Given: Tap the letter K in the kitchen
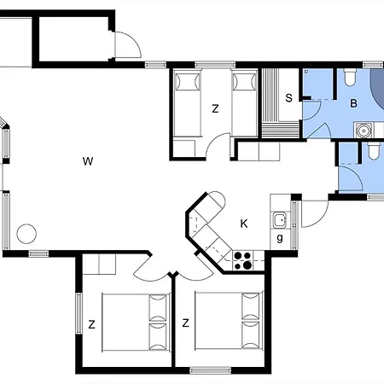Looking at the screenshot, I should point(244,224).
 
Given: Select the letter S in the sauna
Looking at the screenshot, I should point(289,97).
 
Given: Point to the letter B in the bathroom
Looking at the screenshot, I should point(353,104).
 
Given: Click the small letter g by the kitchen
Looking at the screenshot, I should point(280,237).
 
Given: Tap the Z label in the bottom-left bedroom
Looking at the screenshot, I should point(90,323).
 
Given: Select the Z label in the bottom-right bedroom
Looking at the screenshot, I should point(184,323).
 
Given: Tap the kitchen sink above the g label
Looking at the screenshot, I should point(279,220).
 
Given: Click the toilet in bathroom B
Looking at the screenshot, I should point(349,79).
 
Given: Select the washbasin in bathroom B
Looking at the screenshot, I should point(364,131).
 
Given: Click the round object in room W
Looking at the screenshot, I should point(26,232).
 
